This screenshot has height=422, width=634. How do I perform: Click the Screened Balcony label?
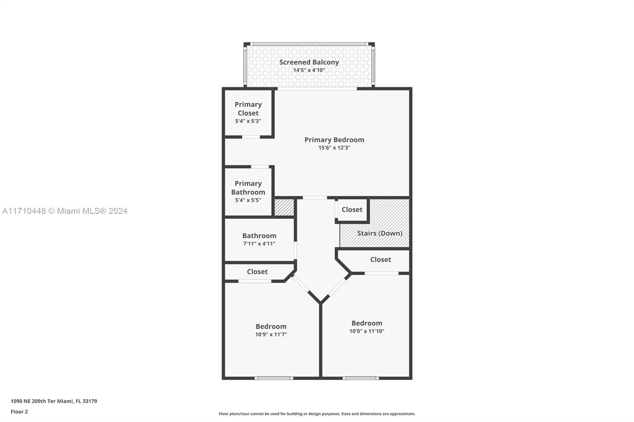(x=309, y=62)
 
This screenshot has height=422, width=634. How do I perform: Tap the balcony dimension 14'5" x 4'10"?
(x=309, y=70)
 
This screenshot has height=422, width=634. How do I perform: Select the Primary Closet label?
(x=248, y=108)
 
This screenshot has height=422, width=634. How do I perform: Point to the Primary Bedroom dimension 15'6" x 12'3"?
(x=334, y=148)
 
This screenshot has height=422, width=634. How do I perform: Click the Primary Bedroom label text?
(x=334, y=140)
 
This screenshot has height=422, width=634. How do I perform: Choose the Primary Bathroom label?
(x=248, y=188)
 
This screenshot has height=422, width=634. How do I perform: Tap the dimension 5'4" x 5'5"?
(x=248, y=200)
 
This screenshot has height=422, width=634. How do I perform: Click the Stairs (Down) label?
(x=380, y=233)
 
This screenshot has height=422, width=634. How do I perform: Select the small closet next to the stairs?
(x=352, y=209)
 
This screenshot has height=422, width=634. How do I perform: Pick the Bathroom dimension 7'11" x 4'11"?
(x=259, y=244)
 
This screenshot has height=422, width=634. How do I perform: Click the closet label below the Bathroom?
(x=257, y=272)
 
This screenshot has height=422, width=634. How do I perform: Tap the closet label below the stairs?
(x=381, y=260)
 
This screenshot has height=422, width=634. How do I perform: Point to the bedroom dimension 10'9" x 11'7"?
(x=271, y=335)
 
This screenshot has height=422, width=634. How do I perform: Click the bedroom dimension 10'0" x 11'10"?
(x=367, y=331)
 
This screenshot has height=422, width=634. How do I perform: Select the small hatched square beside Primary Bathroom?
(x=284, y=207)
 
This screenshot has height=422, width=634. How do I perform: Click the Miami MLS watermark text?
(x=65, y=211)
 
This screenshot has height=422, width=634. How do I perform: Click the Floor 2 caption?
(x=19, y=412)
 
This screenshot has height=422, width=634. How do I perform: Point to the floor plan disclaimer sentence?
(x=317, y=414)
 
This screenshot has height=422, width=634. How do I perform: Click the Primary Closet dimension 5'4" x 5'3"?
(x=248, y=121)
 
